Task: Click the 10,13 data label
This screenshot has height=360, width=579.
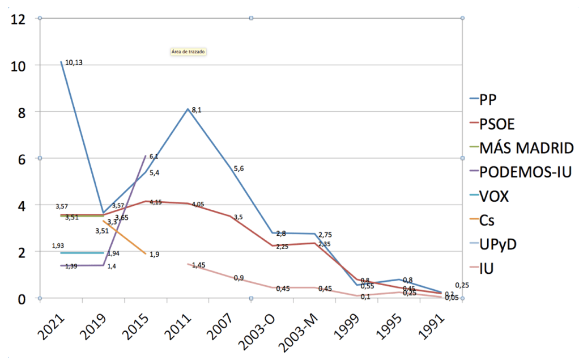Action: click(x=74, y=62)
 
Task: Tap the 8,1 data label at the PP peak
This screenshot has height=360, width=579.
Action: click(x=196, y=110)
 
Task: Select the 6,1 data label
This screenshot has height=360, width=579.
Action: click(x=154, y=156)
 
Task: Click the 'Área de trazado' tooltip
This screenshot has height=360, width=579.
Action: click(x=188, y=52)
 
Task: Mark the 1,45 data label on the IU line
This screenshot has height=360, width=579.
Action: click(x=198, y=265)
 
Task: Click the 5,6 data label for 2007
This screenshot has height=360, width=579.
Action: click(x=239, y=168)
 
